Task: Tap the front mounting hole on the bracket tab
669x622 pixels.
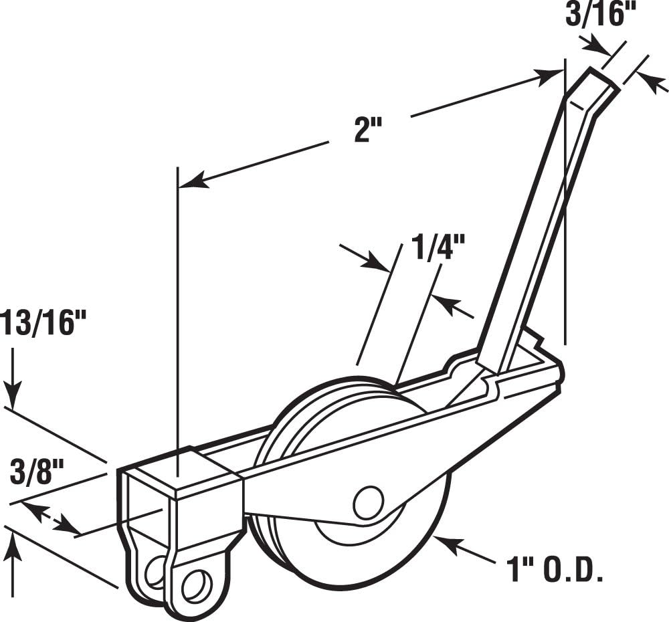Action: pyautogui.click(x=197, y=585)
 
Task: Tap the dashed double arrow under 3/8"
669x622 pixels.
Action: pyautogui.click(x=51, y=518)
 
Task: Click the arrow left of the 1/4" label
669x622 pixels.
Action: pyautogui.click(x=365, y=257)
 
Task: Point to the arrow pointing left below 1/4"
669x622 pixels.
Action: pyautogui.click(x=452, y=306)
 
